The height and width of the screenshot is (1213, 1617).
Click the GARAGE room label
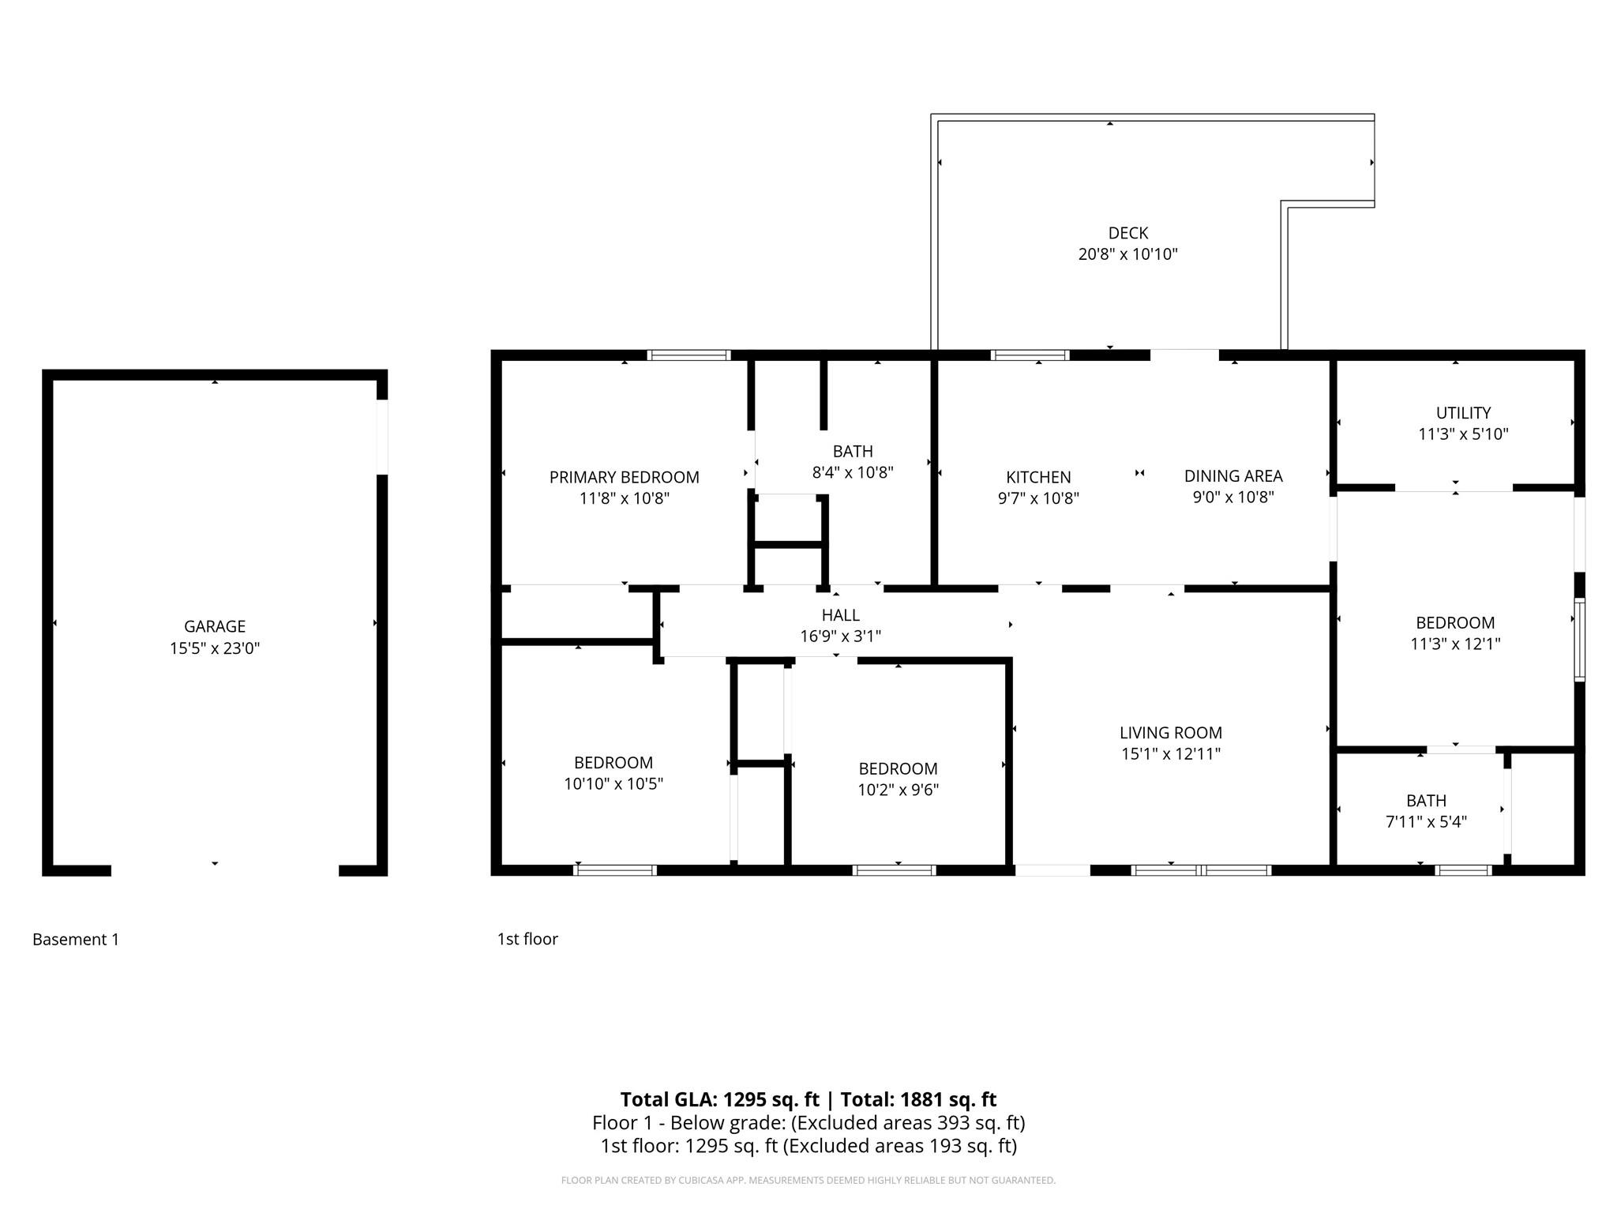point(215,626)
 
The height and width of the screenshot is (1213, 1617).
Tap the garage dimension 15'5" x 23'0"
point(215,648)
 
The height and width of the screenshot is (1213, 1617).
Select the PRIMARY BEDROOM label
point(624,477)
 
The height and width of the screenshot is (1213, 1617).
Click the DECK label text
point(1127,233)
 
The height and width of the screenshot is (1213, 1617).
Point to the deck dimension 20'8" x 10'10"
point(1127,254)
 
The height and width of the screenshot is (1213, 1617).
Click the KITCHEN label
point(1038,477)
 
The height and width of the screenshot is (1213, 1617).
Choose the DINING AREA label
point(1233,475)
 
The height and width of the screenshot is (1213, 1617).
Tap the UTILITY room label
point(1463,412)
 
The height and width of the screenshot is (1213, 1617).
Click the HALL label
point(840,614)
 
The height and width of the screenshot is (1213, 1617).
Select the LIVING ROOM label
point(1170,732)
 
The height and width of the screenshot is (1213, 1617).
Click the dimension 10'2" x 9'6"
point(898,790)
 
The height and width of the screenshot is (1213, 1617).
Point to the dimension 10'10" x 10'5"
point(613,783)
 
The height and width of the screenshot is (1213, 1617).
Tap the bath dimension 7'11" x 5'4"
point(1426,821)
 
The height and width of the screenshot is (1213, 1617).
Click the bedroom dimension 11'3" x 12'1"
point(1455,644)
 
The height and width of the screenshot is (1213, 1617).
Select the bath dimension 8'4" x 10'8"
point(853,472)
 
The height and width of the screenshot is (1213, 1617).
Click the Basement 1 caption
point(76,939)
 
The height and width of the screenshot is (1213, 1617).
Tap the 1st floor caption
point(527,939)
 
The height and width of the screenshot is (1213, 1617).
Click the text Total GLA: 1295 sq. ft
point(719,1099)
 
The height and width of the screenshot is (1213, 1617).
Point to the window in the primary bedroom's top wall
point(688,355)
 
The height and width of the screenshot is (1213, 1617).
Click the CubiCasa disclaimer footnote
point(808,1181)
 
